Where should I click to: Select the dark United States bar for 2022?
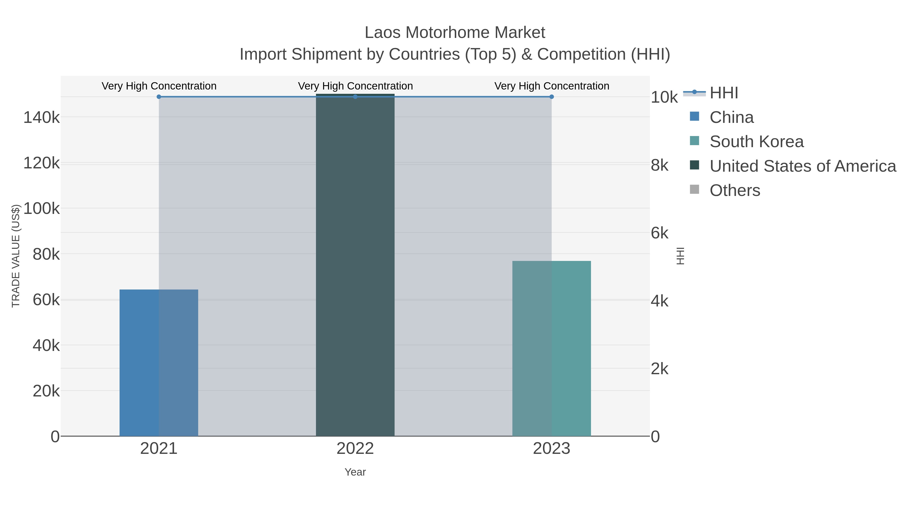tap(355, 265)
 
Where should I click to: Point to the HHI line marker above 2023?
tap(552, 97)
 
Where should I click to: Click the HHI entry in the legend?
tap(723, 93)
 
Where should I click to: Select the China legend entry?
tap(731, 117)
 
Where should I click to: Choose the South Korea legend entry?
tap(756, 142)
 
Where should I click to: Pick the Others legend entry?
tap(735, 190)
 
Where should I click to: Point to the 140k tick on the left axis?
tap(42, 117)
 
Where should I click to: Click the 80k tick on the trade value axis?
tap(46, 254)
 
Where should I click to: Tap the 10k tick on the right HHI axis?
tap(664, 98)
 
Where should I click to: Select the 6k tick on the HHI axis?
tap(659, 233)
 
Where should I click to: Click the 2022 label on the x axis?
tap(355, 449)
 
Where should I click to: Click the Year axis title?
tap(355, 472)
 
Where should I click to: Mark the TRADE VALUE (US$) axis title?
tap(16, 256)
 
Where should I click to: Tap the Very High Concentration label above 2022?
tap(355, 86)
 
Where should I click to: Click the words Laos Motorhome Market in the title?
tap(455, 33)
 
